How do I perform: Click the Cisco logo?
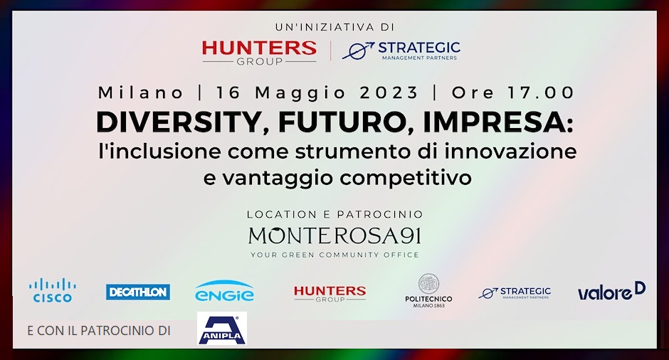click(x=53, y=290)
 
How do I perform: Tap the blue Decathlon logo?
click(x=138, y=292)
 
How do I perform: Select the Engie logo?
click(x=224, y=291)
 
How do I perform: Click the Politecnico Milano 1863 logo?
click(x=428, y=291)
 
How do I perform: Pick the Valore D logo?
click(x=611, y=291)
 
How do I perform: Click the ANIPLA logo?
click(x=222, y=328)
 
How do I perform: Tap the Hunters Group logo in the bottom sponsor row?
click(x=330, y=293)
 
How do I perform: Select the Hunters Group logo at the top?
click(x=259, y=53)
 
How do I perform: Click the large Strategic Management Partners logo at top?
click(x=401, y=51)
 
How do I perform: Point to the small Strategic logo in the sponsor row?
click(x=515, y=292)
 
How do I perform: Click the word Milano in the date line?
click(x=141, y=92)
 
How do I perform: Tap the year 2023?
click(x=389, y=92)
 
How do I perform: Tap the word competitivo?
click(x=406, y=178)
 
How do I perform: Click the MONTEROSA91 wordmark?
click(x=335, y=235)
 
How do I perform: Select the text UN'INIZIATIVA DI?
click(x=335, y=27)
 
